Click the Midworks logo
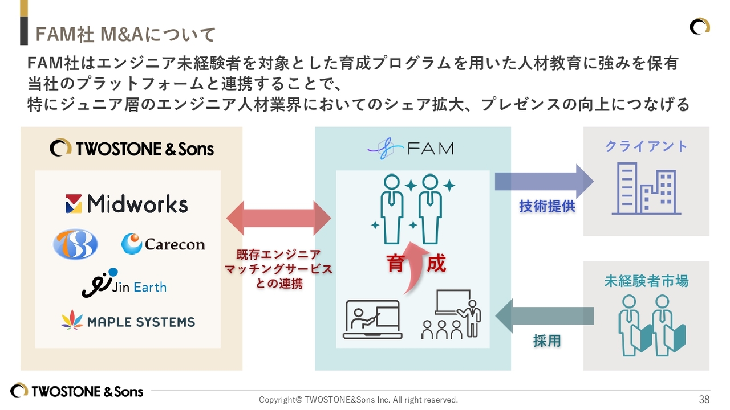click(127, 203)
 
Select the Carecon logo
click(163, 244)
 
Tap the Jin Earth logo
click(124, 283)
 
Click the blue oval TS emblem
click(75, 244)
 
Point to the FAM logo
click(411, 149)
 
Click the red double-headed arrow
click(278, 218)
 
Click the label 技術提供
click(547, 206)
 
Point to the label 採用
click(547, 341)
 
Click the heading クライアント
click(646, 146)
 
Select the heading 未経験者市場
click(646, 281)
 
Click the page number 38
click(704, 399)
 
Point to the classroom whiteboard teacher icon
click(451, 314)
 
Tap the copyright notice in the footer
click(358, 400)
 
